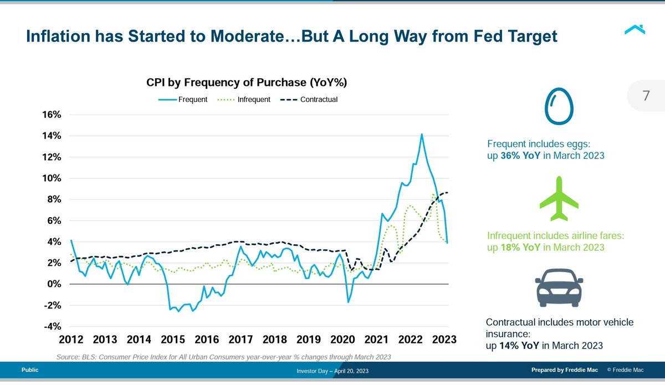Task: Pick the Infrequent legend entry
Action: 244,100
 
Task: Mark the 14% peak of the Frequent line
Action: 422,134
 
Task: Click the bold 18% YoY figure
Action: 519,248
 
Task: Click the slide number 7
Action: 646,95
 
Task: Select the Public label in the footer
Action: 30,370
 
